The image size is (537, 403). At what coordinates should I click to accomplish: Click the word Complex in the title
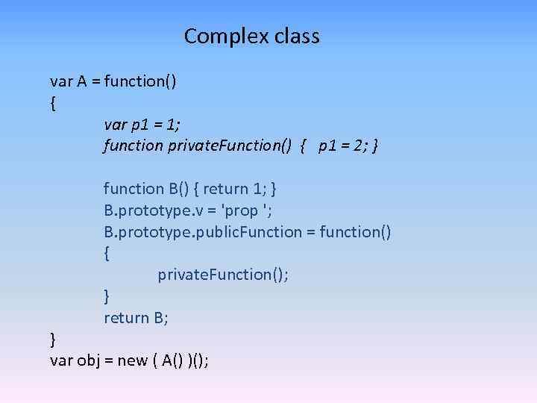[x=220, y=36]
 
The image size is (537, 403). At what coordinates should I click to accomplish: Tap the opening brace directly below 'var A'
[x=53, y=104]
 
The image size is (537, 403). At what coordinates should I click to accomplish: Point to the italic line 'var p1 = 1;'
[x=142, y=124]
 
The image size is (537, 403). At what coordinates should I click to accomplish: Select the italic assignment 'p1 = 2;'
[x=342, y=146]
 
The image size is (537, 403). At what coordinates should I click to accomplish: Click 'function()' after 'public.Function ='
[x=355, y=232]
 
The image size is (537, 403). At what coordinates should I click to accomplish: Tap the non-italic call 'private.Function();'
[x=223, y=275]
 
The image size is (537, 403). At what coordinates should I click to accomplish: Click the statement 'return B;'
[x=136, y=318]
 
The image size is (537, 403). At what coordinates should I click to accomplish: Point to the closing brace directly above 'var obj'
[x=53, y=340]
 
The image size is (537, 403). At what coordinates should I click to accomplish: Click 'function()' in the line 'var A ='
[x=140, y=81]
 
